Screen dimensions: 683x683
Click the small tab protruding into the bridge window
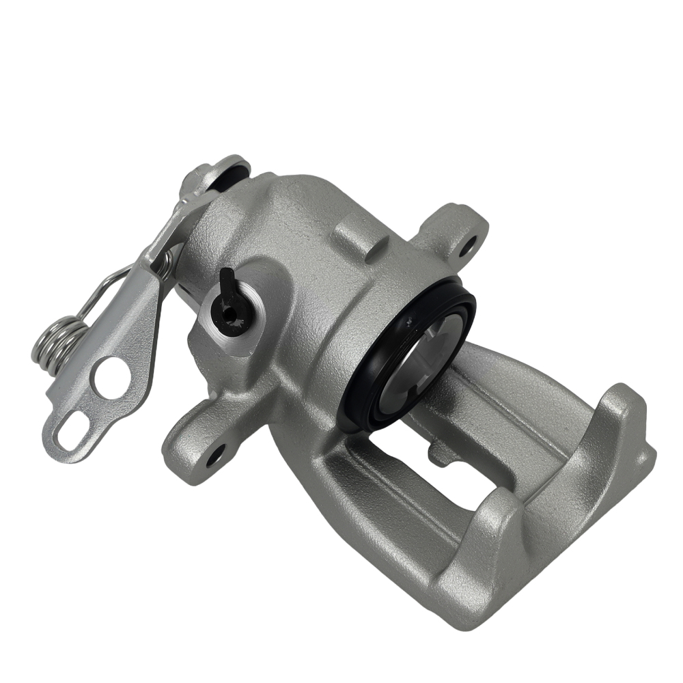coord(438,451)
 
